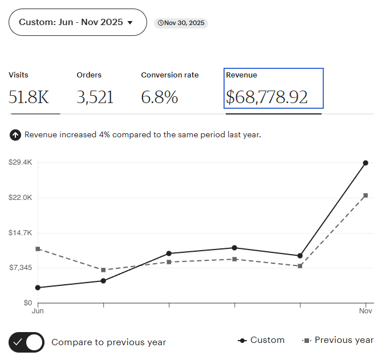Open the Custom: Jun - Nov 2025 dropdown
[78, 22]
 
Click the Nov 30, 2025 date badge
[181, 23]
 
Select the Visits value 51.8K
[29, 97]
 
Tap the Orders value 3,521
[95, 97]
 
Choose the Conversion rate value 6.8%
[160, 97]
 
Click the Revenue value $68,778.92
[267, 97]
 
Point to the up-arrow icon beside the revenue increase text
[15, 135]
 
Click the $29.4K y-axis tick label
[20, 162]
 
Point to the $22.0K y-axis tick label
[20, 198]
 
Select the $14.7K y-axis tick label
[20, 233]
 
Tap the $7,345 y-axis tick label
[20, 268]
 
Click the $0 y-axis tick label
[27, 303]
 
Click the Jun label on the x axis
[38, 312]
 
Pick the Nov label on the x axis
[365, 312]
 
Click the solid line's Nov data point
[365, 163]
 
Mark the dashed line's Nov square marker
[365, 195]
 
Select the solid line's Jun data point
[38, 288]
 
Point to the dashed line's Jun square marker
[38, 249]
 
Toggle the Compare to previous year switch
[27, 342]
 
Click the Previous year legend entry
[338, 340]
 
